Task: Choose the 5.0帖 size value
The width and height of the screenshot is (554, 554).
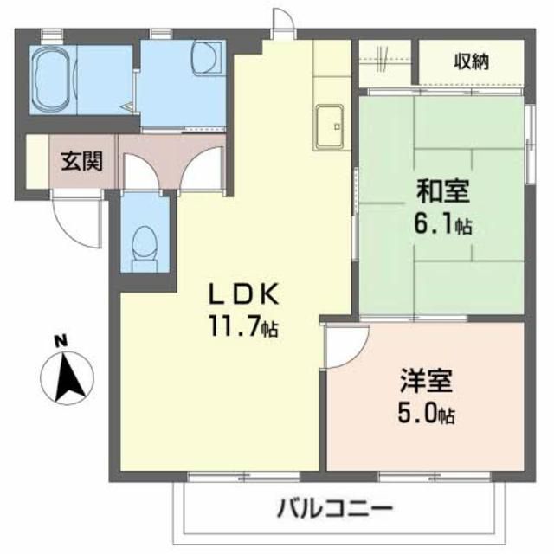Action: [427, 415]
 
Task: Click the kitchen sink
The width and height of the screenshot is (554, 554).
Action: [331, 125]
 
